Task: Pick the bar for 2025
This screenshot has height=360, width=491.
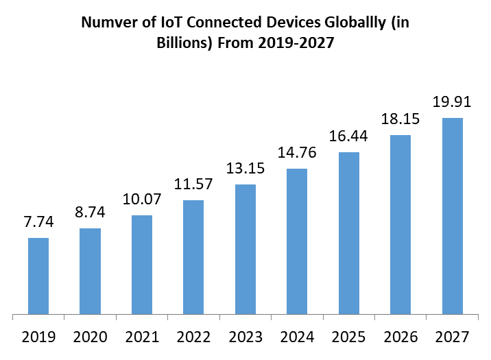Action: point(349,234)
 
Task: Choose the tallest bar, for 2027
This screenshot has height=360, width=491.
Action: point(452,217)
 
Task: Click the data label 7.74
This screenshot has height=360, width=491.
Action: point(38,222)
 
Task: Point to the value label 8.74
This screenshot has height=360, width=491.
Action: point(90,213)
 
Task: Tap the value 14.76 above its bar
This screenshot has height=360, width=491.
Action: point(297,152)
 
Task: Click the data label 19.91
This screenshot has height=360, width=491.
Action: point(452,102)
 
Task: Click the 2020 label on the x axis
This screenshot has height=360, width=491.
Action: point(90,337)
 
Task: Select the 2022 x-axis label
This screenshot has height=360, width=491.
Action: point(193,337)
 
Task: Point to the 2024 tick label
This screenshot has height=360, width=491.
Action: point(297,337)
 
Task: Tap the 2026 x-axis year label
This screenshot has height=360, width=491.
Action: point(400,337)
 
